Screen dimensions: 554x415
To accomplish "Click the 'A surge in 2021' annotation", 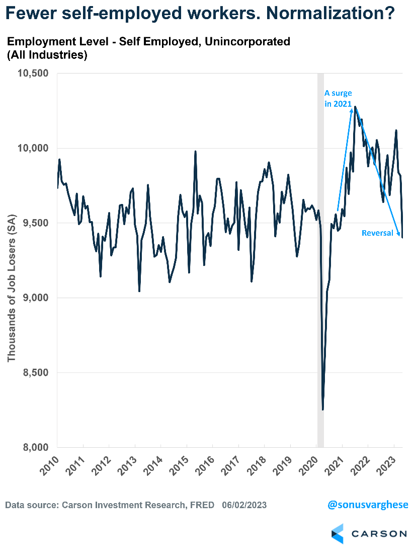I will (x=338, y=98).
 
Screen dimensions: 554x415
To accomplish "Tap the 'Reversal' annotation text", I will (x=377, y=233).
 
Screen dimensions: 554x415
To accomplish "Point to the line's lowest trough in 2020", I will (x=322, y=409).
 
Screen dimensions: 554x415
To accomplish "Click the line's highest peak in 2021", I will (x=355, y=107).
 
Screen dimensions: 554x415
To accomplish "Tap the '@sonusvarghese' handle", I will (x=367, y=504).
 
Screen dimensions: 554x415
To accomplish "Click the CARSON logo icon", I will (x=337, y=533).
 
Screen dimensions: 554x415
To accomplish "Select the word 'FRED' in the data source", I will (x=202, y=505).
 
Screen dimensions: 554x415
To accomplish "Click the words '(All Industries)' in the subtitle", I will (x=47, y=55).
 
